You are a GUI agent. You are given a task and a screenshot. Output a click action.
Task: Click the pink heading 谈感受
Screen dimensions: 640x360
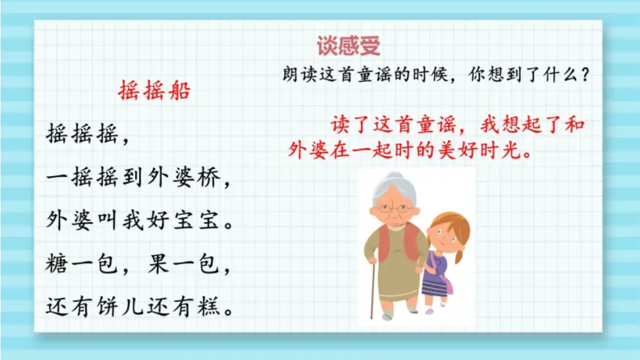[349, 46]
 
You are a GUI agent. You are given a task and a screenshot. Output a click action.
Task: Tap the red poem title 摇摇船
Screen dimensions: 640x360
[154, 90]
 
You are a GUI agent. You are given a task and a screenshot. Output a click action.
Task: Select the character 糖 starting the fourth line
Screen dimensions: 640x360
[57, 263]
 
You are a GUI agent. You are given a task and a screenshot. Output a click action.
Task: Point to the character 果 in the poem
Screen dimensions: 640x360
[159, 263]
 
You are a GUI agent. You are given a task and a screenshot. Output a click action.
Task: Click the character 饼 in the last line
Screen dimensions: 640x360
[108, 306]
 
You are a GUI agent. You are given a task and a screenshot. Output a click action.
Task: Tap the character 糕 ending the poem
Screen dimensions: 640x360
[209, 306]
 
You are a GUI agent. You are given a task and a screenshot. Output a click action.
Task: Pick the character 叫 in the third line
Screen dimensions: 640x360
[108, 220]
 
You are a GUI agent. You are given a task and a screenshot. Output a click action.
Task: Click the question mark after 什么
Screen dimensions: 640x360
[586, 75]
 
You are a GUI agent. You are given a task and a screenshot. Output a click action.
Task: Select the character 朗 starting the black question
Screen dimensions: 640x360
[290, 75]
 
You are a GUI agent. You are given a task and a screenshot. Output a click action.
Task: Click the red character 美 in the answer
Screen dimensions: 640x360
[447, 150]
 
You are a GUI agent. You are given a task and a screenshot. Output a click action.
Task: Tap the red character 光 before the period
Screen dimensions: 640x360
[510, 150]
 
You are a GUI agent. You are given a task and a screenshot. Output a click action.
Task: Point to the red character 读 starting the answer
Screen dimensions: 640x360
[340, 125]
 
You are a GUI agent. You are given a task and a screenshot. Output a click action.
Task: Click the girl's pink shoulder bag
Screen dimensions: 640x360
[447, 284]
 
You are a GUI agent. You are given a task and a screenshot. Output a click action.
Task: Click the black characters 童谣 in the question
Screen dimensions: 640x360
[375, 75]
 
